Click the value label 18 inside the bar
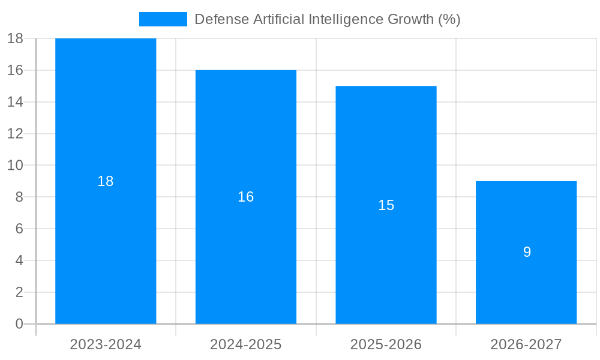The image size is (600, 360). point(106,181)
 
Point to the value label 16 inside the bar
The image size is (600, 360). point(246,197)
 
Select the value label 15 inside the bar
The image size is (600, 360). point(386,205)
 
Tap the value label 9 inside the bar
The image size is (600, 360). point(527,252)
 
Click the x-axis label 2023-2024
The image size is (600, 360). point(106,344)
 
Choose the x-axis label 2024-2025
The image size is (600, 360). point(246,344)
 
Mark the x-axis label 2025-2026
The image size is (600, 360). point(386,344)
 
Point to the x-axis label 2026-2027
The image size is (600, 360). point(526,344)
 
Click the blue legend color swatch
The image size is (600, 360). point(163,19)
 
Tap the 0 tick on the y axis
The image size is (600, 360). point(19,324)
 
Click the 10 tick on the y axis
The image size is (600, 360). point(15,166)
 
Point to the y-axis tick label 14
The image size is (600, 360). point(15,102)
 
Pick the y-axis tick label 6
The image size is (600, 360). point(19,229)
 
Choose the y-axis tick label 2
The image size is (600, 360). point(19,292)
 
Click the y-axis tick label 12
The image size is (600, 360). point(15,134)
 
